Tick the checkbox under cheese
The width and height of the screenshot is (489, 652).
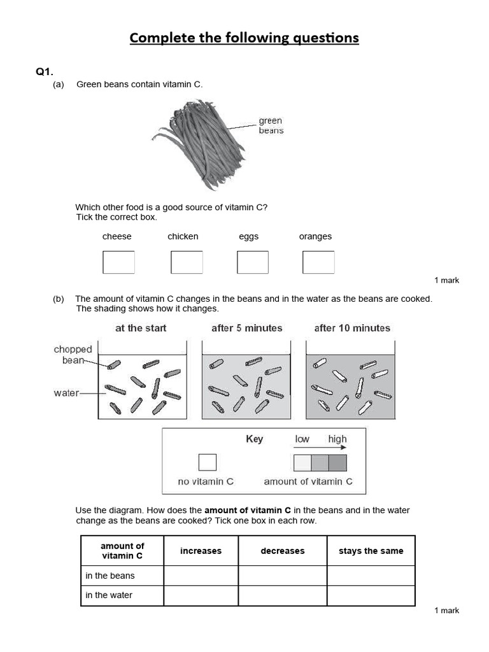pos(118,262)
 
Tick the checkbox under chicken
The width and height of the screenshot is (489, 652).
pos(187,262)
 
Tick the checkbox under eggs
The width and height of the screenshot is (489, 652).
pos(253,262)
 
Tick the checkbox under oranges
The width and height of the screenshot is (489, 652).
pos(318,262)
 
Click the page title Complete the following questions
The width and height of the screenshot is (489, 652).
pos(244,38)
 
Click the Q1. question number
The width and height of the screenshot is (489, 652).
pos(45,72)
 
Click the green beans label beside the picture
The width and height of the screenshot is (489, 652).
pos(271,125)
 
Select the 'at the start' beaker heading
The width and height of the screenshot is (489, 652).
pos(141,328)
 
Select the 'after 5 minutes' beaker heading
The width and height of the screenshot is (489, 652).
pos(246,328)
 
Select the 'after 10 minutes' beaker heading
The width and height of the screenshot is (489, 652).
pos(352,328)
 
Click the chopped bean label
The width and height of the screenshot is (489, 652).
pos(73,355)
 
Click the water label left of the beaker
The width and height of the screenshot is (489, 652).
pos(66,393)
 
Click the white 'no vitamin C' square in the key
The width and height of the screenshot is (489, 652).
pos(207,462)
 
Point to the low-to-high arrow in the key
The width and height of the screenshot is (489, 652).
pos(320,448)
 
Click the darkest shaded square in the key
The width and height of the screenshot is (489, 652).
pos(338,462)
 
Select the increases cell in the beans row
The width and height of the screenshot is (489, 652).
pos(201,576)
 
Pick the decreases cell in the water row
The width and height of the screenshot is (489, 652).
pos(282,595)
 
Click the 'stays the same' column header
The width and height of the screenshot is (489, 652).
pos(371,551)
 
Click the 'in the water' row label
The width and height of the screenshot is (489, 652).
pos(109,595)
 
